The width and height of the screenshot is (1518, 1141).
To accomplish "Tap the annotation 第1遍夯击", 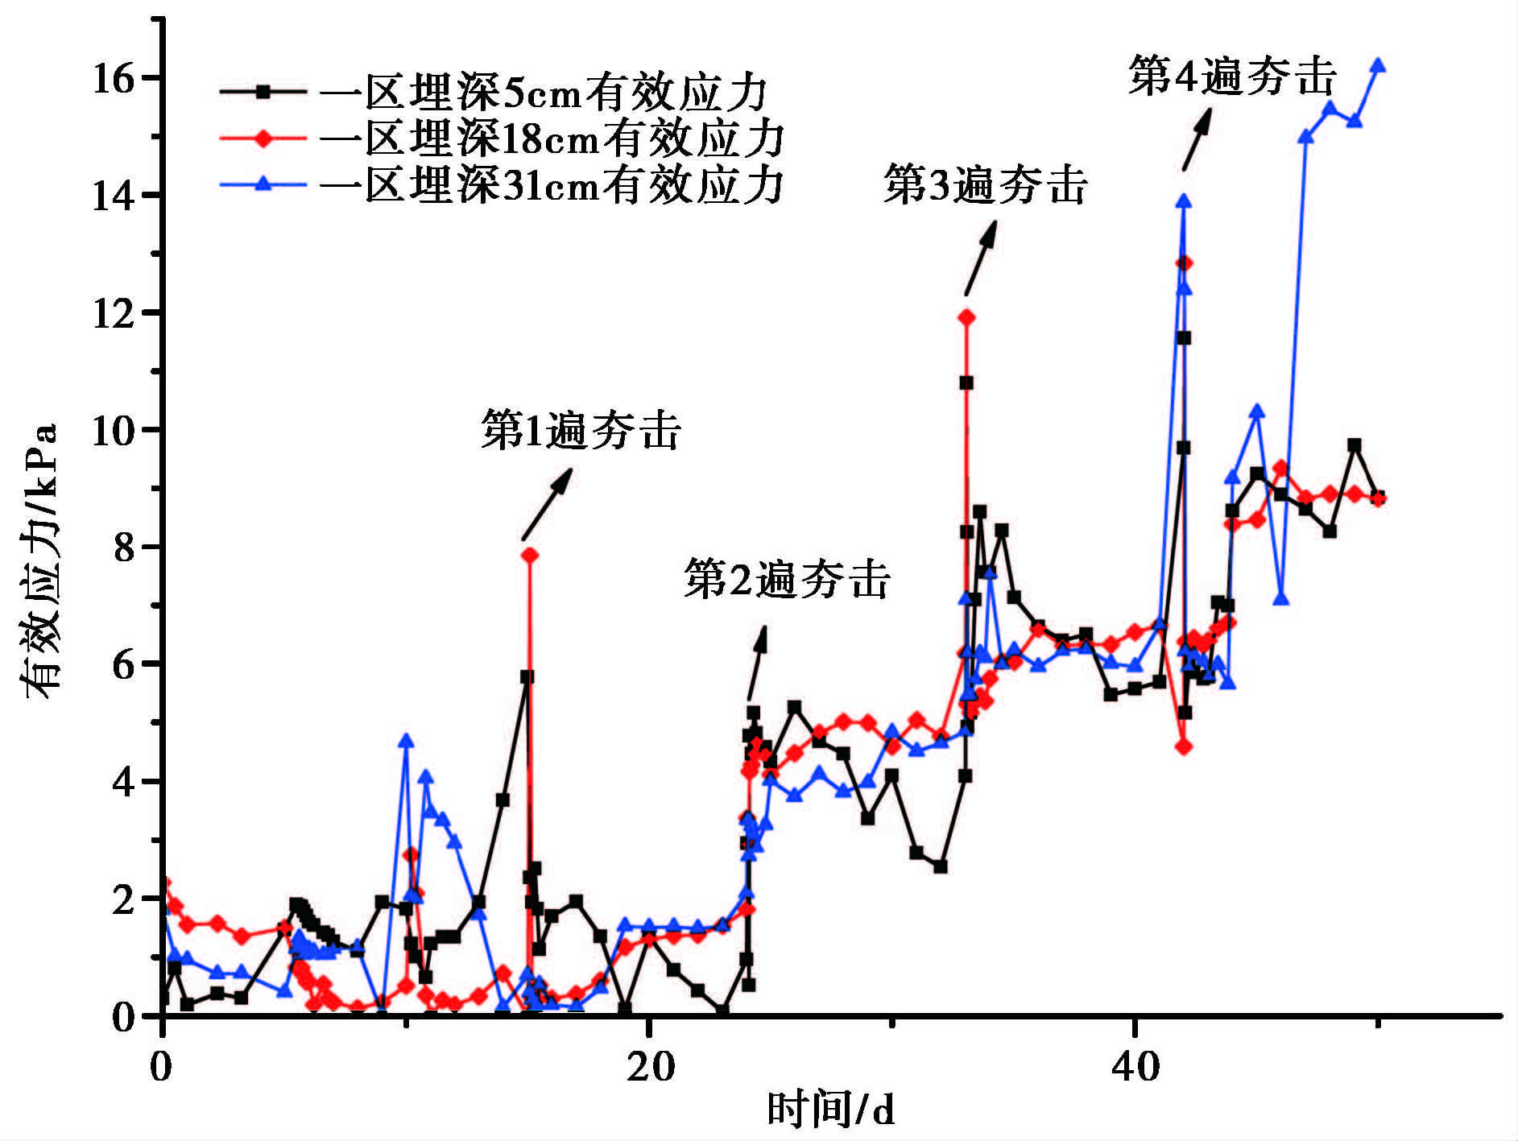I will point(581,429).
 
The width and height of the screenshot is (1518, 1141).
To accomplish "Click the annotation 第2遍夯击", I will point(787,579).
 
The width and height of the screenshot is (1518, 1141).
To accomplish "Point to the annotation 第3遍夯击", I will point(986,184).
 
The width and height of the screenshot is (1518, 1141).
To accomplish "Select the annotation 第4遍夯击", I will point(1232,76).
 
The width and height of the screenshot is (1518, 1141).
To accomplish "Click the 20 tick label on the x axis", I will point(650,1067).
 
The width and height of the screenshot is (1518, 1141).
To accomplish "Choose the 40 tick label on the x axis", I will point(1135,1067).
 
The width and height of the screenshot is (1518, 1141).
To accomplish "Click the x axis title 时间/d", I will point(830,1110).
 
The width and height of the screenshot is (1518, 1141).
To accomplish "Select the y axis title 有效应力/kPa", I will point(40,560).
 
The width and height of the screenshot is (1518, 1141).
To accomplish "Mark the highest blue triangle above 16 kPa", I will point(1378,65).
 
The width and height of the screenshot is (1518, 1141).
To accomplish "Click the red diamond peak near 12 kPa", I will point(966,317).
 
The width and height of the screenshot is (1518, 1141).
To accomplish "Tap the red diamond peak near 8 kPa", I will point(529,555).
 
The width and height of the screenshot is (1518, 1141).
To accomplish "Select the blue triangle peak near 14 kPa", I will point(1183,201).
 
